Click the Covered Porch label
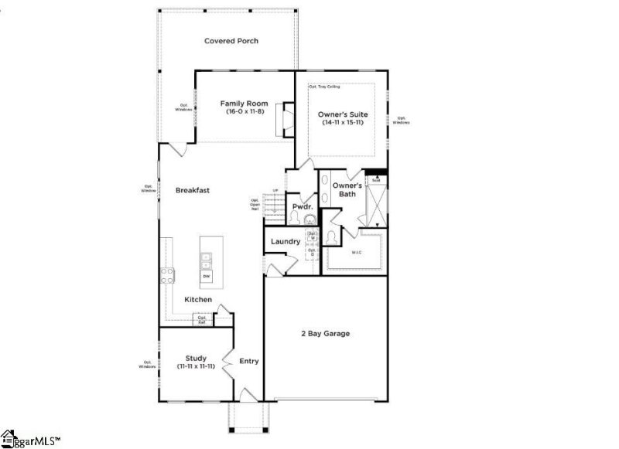231,41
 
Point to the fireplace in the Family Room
287,119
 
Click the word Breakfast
193,190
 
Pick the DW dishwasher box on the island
207,275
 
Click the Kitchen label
198,299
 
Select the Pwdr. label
302,207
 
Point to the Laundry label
286,242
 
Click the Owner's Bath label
347,190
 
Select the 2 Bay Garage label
325,334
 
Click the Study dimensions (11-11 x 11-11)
197,366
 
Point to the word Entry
249,361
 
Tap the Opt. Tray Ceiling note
326,87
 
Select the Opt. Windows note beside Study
147,364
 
